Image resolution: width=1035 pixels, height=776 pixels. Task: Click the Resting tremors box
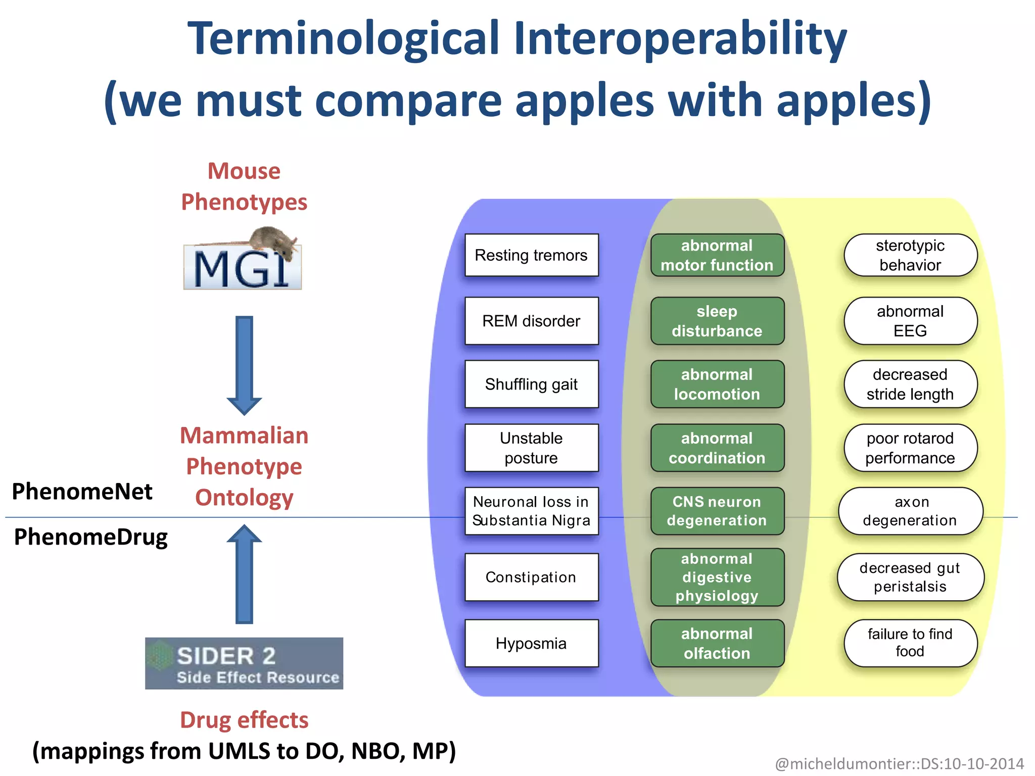[x=531, y=255]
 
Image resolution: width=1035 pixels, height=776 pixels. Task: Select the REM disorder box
[x=531, y=321]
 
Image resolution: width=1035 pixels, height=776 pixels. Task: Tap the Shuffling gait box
[x=531, y=384]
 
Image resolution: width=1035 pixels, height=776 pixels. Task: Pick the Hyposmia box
[x=531, y=643]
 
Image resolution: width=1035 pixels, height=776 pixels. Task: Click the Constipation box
[x=531, y=577]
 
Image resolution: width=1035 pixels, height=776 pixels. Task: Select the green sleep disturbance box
[x=717, y=321]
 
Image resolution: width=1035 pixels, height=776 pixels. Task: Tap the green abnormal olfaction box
[x=717, y=643]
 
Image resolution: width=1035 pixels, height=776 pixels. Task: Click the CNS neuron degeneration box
[x=717, y=511]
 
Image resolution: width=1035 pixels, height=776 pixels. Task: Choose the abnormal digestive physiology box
[x=717, y=577]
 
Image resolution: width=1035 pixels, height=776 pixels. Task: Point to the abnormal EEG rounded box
[x=910, y=321]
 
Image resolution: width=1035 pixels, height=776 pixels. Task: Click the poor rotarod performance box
[x=910, y=448]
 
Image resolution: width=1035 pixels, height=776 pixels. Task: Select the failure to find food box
[x=910, y=643]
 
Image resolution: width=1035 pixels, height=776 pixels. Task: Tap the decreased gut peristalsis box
[x=910, y=577]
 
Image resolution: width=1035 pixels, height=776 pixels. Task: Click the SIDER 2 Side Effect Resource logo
[x=244, y=663]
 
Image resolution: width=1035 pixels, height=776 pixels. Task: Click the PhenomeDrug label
[x=91, y=537]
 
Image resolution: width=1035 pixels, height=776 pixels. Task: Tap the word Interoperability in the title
[x=680, y=39]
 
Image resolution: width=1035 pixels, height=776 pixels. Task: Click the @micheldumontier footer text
[x=899, y=763]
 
